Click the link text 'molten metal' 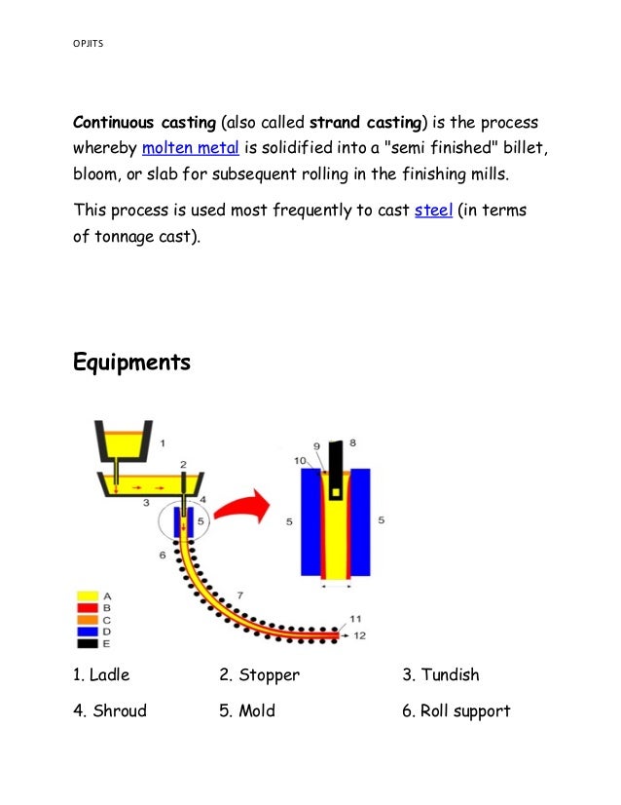[x=191, y=149]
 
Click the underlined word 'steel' [x=433, y=210]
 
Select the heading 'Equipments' [x=132, y=364]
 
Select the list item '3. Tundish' [x=440, y=674]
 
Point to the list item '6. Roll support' [x=456, y=710]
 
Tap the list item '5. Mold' [x=247, y=710]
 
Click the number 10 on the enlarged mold [x=300, y=459]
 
